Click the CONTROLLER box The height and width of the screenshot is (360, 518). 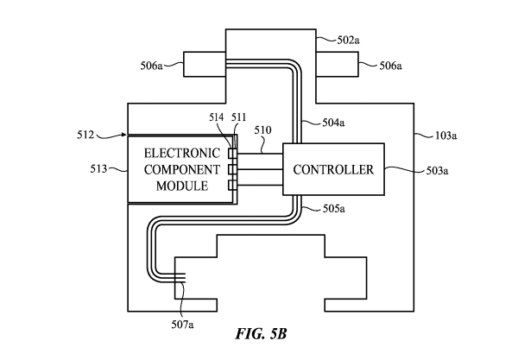point(333,169)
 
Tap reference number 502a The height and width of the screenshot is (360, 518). point(351,39)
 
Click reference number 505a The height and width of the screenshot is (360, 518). point(332,209)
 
